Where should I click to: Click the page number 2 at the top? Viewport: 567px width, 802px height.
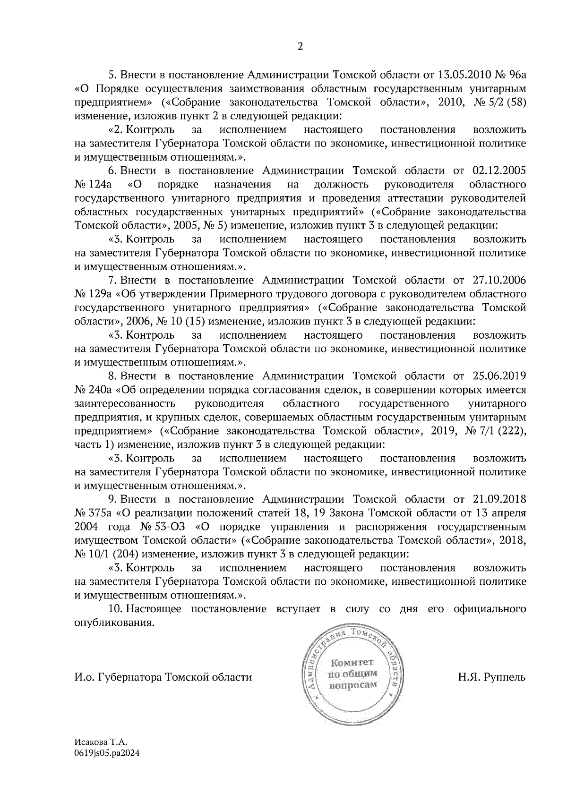pos(299,46)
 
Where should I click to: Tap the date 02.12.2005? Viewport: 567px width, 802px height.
pos(499,171)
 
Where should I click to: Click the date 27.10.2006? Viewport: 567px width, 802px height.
pos(499,281)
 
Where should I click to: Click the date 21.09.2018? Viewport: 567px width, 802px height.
pos(499,499)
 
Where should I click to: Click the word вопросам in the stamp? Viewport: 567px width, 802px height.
pos(353,685)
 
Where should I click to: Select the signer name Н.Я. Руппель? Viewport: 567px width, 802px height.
pos(491,677)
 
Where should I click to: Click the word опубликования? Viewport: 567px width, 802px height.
pos(114,623)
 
